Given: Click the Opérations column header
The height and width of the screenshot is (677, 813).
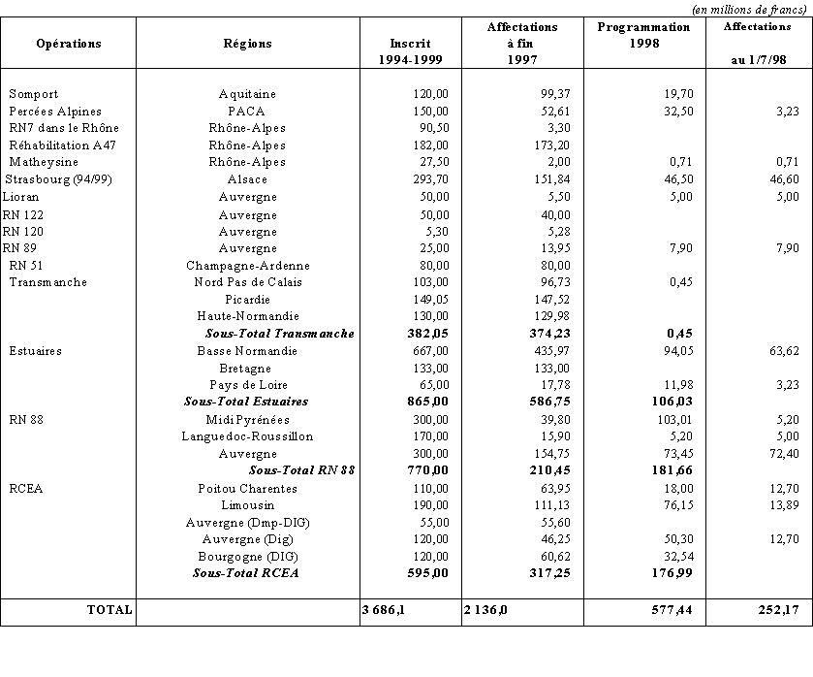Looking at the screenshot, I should point(68,44).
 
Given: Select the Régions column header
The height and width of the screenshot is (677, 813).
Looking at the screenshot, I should point(247,44).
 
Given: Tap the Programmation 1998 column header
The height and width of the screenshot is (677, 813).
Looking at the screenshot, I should point(644,35).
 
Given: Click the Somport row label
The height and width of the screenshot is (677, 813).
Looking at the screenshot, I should point(34,94).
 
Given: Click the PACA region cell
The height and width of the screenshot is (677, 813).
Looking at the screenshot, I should point(247,112).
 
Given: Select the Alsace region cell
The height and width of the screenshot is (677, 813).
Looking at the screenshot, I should point(247,179).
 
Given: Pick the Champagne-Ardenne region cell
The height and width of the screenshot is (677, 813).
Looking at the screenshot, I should point(247,265).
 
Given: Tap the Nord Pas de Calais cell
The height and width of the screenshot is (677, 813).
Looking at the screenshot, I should point(247,282).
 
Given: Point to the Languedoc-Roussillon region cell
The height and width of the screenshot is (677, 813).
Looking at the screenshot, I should point(247,436).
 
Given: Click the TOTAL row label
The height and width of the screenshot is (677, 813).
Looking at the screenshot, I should point(109,612).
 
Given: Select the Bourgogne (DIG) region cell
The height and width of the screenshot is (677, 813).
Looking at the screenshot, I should point(247,557).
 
